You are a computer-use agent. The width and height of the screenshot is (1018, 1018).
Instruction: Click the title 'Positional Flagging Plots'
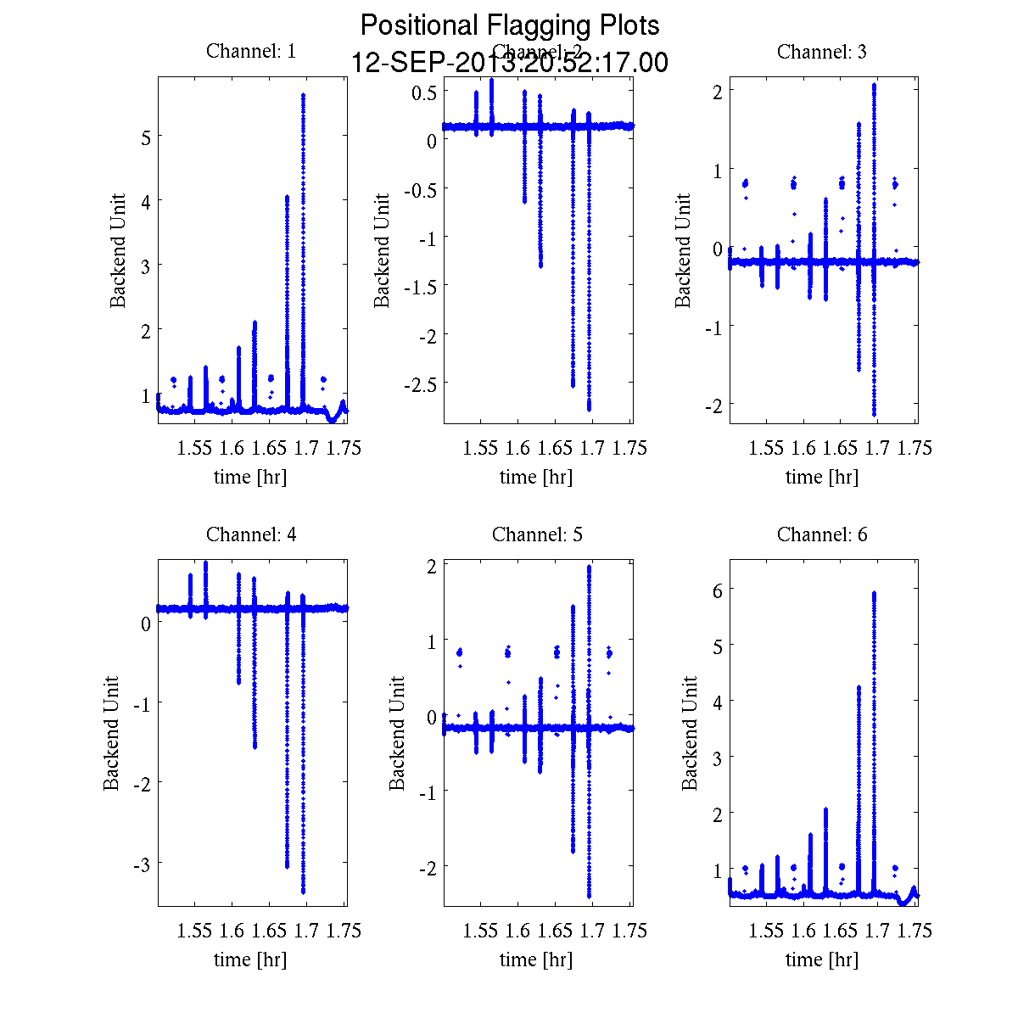[510, 25]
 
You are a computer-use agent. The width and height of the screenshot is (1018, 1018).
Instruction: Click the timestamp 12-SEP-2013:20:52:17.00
[510, 63]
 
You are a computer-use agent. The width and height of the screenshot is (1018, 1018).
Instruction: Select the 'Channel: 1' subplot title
[251, 51]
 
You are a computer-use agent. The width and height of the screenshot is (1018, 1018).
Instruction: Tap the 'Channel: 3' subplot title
[822, 52]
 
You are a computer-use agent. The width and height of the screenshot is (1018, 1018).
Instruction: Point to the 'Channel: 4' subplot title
[251, 534]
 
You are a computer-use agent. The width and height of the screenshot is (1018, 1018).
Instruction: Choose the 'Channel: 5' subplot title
[537, 534]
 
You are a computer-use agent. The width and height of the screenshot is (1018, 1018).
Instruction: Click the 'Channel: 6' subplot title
[822, 534]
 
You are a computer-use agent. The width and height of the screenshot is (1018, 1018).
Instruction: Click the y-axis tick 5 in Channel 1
[145, 137]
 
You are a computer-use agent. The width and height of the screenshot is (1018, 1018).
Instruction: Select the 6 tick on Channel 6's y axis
[717, 589]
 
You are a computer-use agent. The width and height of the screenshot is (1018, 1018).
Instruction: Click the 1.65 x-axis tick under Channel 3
[841, 448]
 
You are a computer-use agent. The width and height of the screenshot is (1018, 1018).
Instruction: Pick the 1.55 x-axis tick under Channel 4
[194, 931]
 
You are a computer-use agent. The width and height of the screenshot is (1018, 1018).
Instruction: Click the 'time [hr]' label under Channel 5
[536, 959]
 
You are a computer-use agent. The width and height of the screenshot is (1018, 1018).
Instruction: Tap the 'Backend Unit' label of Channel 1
[118, 250]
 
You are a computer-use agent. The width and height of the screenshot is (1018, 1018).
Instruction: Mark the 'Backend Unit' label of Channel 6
[689, 734]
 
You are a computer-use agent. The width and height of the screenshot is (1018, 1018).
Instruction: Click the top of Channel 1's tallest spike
[303, 95]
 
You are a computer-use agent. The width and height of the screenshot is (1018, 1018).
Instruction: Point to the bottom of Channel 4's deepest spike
[303, 892]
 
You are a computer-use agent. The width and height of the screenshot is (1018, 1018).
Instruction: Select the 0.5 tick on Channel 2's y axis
[424, 92]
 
